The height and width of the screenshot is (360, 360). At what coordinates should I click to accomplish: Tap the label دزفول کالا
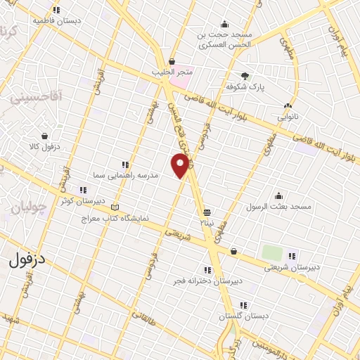(x=49, y=146)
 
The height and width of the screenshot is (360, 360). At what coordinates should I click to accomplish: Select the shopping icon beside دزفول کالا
(x=44, y=136)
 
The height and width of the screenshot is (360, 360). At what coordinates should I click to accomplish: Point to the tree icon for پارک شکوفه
(x=245, y=76)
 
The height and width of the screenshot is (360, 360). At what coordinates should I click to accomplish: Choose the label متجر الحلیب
(x=172, y=72)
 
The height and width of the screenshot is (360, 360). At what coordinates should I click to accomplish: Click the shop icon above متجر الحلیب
(x=172, y=62)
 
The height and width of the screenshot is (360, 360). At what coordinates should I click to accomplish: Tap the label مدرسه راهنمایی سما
(x=116, y=174)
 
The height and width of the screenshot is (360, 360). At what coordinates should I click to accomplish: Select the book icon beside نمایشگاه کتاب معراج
(x=115, y=207)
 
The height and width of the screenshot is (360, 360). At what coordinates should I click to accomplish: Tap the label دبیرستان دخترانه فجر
(x=208, y=281)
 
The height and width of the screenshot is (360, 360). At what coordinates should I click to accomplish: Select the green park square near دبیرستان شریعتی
(x=271, y=252)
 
